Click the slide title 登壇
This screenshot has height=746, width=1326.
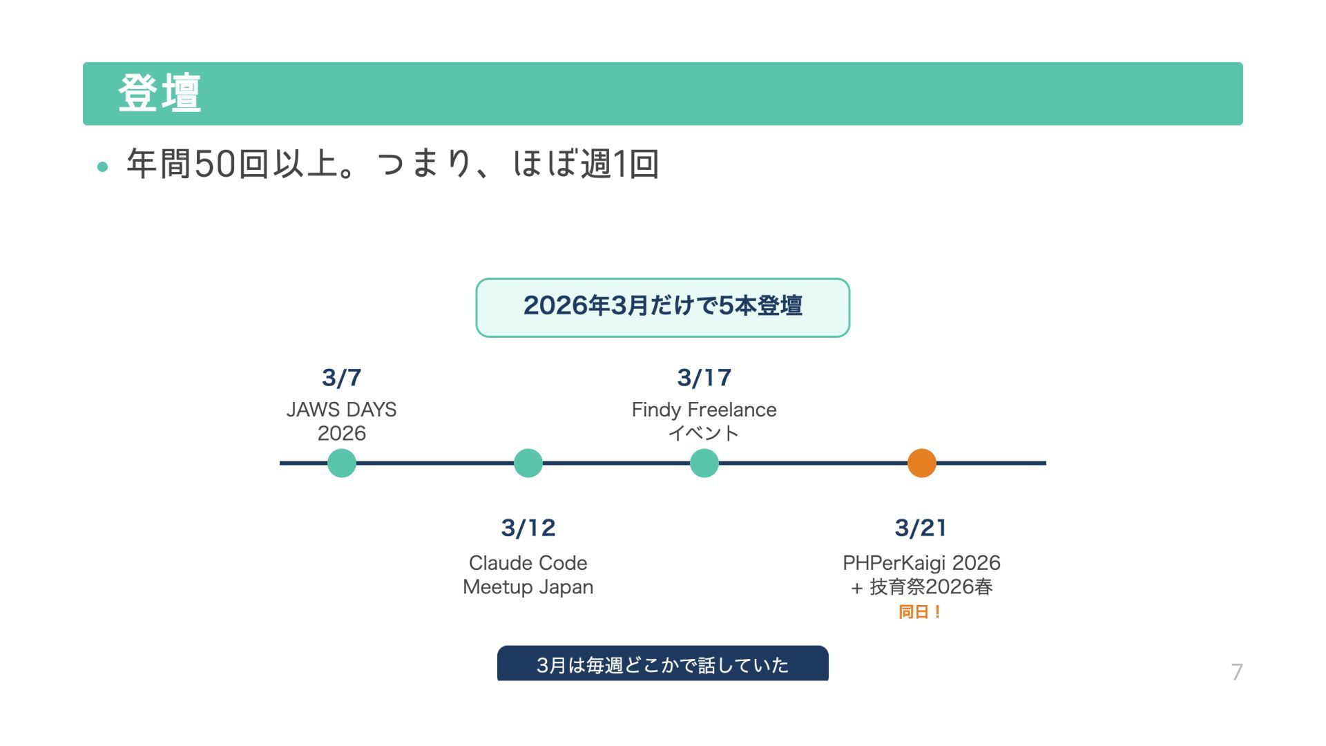pos(160,93)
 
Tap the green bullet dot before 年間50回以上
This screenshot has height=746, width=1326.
pos(103,166)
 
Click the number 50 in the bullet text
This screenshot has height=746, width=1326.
pos(215,164)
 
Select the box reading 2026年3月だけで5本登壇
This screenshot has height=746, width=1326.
pos(662,307)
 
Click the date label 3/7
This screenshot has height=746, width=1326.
pos(341,378)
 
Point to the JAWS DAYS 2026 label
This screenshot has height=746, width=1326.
pos(341,421)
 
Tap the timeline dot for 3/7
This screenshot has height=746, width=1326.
pos(341,463)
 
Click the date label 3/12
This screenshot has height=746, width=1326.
pos(528,528)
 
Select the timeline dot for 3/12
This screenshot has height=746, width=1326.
pos(528,463)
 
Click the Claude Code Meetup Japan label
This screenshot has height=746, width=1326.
pos(528,575)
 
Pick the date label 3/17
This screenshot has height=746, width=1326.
pos(704,378)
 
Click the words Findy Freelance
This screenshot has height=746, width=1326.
pos(704,410)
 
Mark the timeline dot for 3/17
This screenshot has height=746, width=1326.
pos(704,463)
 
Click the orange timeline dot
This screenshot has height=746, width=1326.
pos(921,463)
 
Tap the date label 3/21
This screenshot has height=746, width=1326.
pos(921,528)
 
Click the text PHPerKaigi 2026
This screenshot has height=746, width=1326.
pos(921,563)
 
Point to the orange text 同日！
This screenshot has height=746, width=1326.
pos(920,612)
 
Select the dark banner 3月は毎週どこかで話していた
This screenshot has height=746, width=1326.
pos(662,664)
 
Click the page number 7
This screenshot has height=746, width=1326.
pos(1237,672)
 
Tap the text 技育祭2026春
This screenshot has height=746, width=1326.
pos(931,587)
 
